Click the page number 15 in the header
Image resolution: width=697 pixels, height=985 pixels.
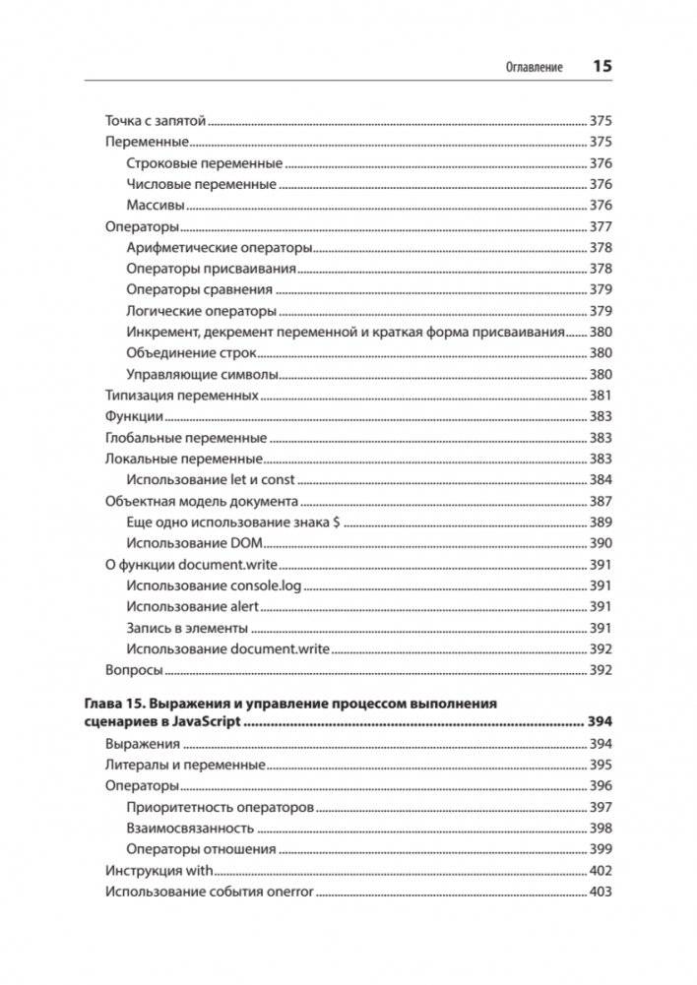pos(602,67)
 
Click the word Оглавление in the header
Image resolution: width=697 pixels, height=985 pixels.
pos(534,68)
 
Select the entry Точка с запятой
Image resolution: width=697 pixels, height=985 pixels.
pos(155,121)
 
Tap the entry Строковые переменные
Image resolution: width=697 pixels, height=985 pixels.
pos(205,163)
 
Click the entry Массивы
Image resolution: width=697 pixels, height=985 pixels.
pos(156,206)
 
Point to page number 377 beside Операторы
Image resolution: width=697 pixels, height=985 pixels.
pos(601,226)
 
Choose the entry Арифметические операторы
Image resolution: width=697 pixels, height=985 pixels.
pos(220,247)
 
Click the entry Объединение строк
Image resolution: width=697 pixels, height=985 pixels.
pos(192,353)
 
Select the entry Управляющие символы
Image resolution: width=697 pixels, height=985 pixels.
pos(202,375)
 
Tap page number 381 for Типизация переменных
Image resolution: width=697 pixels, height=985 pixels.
pos(601,396)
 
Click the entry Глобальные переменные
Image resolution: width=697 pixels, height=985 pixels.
pos(186,438)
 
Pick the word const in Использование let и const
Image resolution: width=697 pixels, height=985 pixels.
pos(275,480)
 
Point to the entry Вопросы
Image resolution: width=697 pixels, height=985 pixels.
pos(133,670)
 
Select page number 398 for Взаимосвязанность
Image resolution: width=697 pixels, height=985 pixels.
pos(601,829)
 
